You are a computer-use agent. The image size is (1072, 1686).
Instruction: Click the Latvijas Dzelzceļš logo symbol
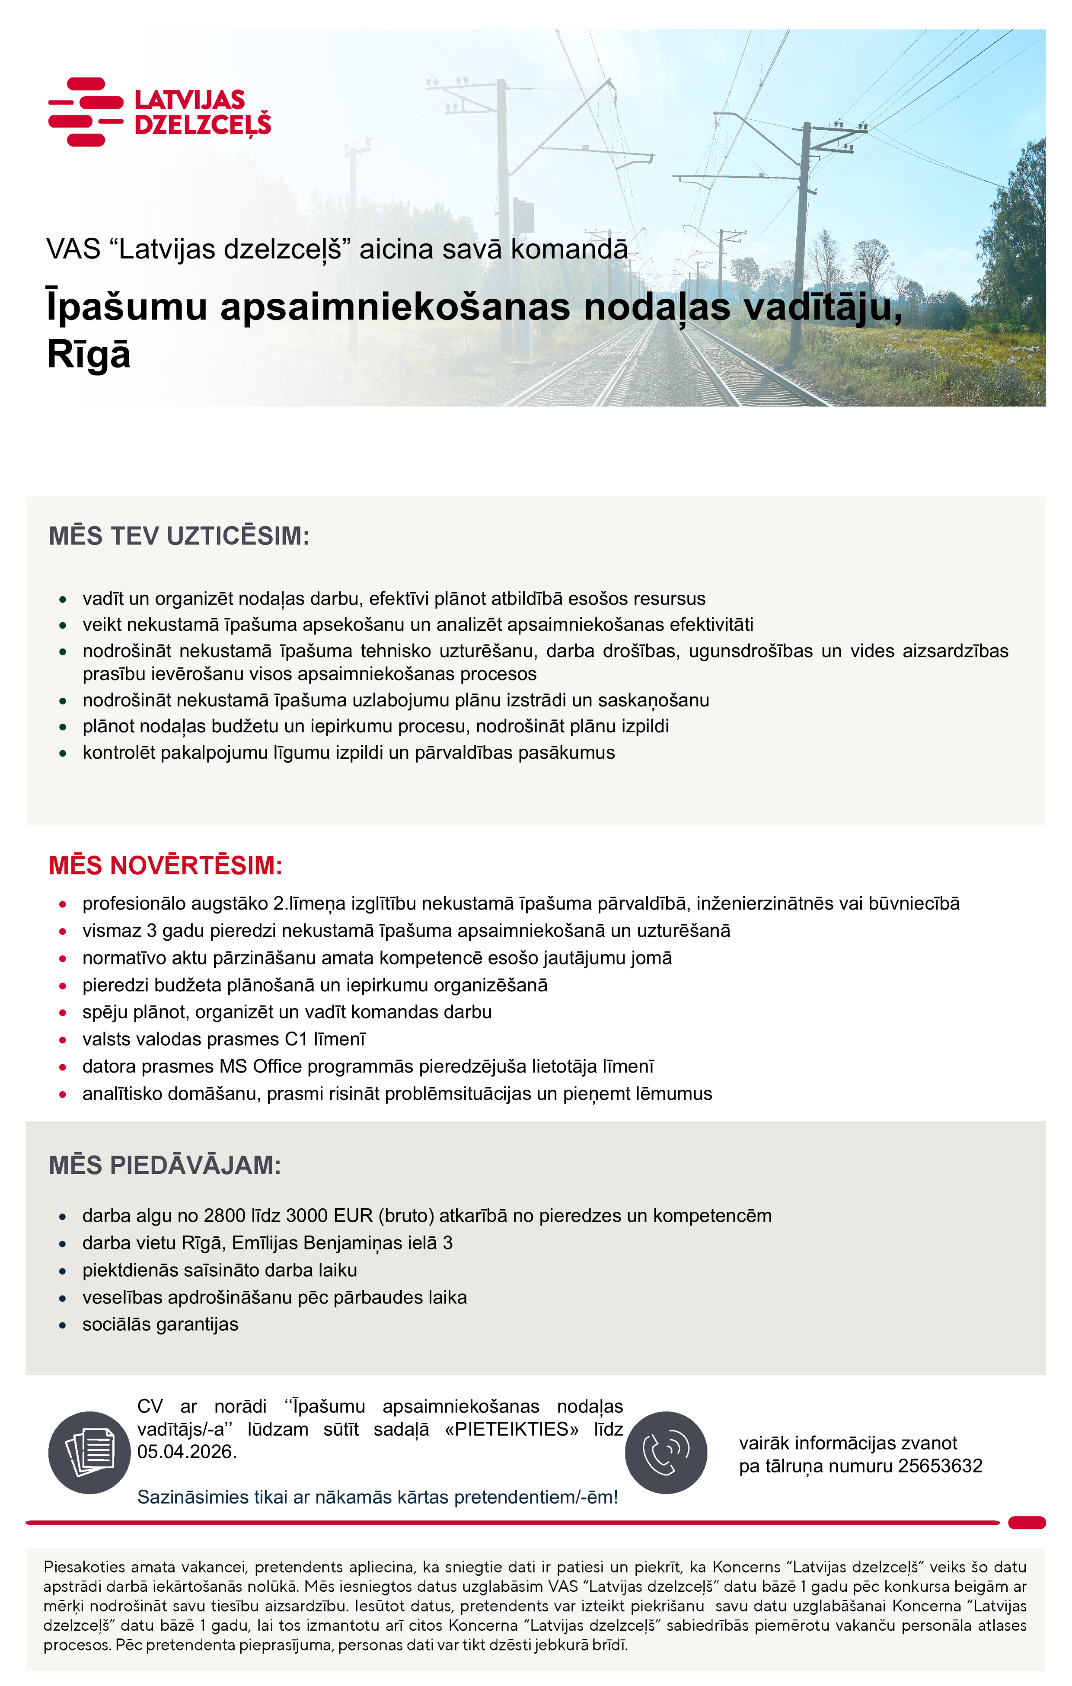coord(86,112)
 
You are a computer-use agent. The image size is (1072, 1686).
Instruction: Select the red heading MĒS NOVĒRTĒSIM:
coord(165,866)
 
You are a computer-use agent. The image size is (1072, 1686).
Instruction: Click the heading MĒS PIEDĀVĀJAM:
coord(165,1166)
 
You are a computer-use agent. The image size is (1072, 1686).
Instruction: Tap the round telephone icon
coord(666,1453)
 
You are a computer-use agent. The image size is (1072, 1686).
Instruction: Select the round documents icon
coord(89,1453)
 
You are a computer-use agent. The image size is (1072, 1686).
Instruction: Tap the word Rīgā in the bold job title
coord(88,354)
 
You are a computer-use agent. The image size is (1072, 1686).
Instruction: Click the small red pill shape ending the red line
coord(1027,1523)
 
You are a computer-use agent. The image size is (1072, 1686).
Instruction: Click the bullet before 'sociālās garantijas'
coord(63,1325)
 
